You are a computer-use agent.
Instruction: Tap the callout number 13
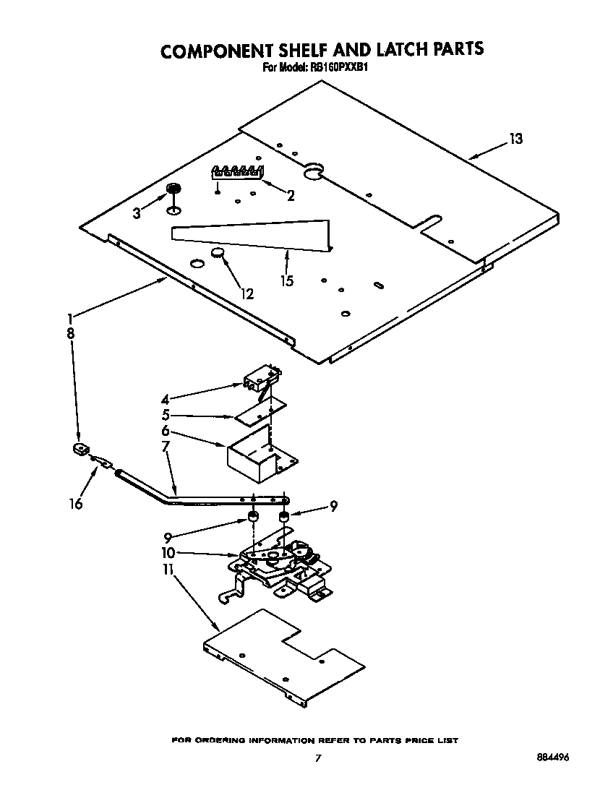(x=515, y=139)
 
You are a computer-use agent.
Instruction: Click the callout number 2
(x=291, y=194)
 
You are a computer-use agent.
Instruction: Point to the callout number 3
(x=137, y=213)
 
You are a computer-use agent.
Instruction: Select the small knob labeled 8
(x=79, y=450)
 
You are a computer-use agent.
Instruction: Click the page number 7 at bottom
(x=317, y=758)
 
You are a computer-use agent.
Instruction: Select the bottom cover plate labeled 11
(x=282, y=658)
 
